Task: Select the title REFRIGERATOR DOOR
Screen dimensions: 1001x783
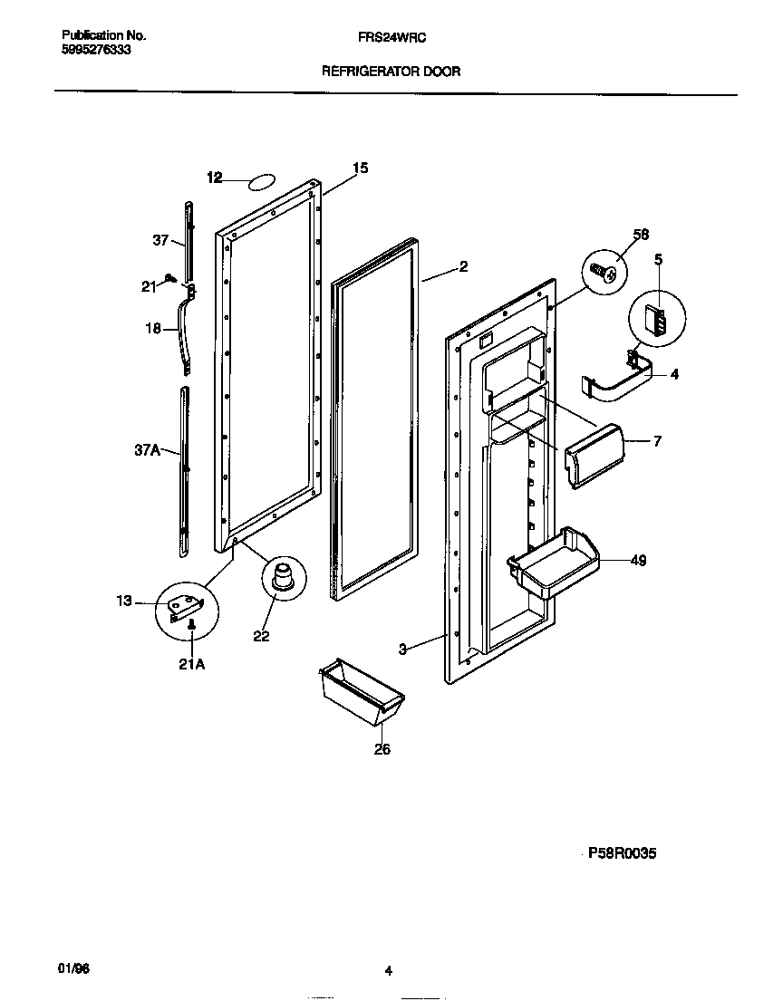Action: pos(391,71)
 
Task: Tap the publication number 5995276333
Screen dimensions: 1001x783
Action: pos(96,50)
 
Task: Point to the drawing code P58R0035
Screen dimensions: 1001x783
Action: pos(622,853)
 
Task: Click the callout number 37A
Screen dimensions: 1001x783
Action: pos(148,448)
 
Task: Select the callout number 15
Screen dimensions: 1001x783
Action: pos(361,168)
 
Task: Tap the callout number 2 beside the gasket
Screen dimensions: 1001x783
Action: pos(463,266)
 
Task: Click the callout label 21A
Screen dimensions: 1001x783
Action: pos(193,664)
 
